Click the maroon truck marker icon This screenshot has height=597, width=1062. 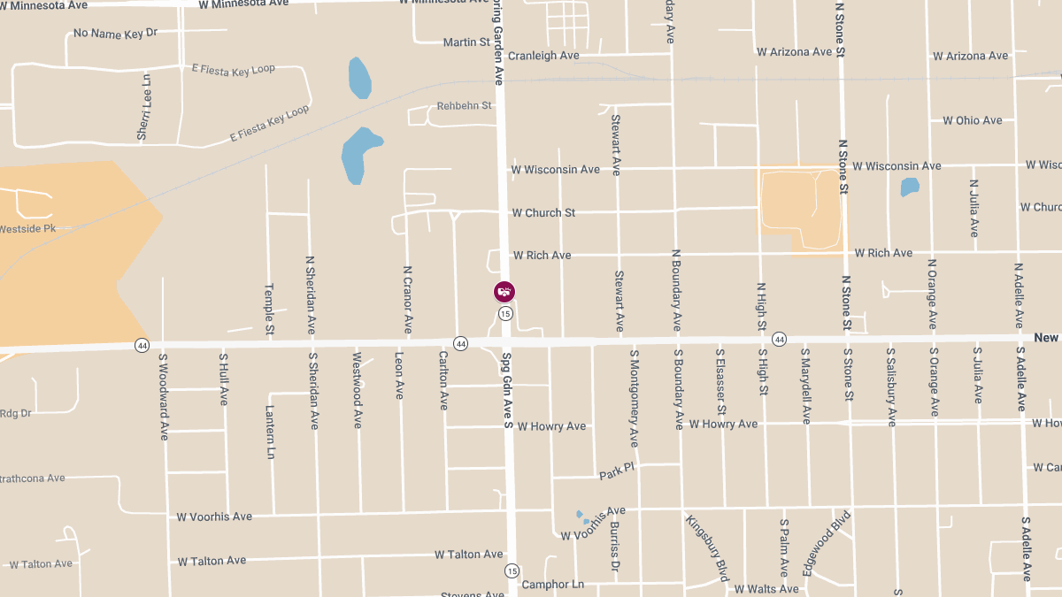click(504, 291)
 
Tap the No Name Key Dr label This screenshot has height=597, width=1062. click(115, 33)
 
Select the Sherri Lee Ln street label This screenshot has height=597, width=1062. click(144, 107)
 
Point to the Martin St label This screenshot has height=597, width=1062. click(466, 42)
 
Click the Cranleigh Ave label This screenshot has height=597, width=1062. click(543, 56)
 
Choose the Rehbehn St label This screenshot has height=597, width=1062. click(465, 106)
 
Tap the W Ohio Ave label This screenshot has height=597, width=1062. click(972, 120)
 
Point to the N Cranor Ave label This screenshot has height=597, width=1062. click(408, 300)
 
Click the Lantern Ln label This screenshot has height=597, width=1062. click(270, 432)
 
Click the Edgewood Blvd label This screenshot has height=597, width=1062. click(827, 543)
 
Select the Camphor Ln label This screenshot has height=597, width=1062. click(552, 585)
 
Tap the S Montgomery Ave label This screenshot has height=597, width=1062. click(634, 397)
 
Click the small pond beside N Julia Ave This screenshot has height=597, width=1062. click(909, 188)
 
